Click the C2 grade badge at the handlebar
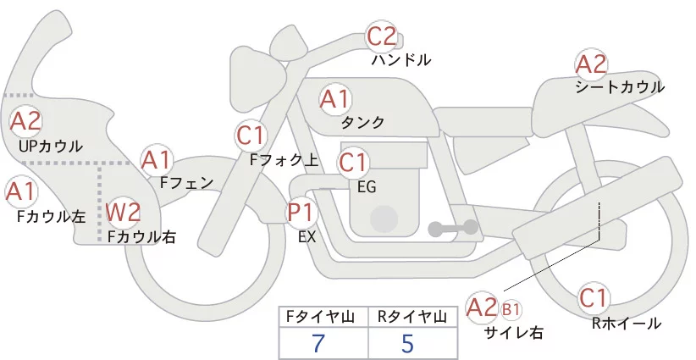click(382, 36)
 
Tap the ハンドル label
click(401, 60)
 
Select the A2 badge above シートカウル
click(591, 64)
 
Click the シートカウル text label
click(620, 86)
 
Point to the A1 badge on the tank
click(334, 99)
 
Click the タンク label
click(362, 123)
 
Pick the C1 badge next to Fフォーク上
click(252, 135)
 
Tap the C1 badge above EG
click(353, 161)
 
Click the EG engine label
click(367, 186)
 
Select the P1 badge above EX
click(301, 212)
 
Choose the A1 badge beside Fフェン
click(157, 159)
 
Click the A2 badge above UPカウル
click(25, 121)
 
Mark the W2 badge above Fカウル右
click(124, 212)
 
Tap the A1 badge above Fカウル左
click(20, 191)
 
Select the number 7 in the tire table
click(318, 343)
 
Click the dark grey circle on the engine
click(386, 219)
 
